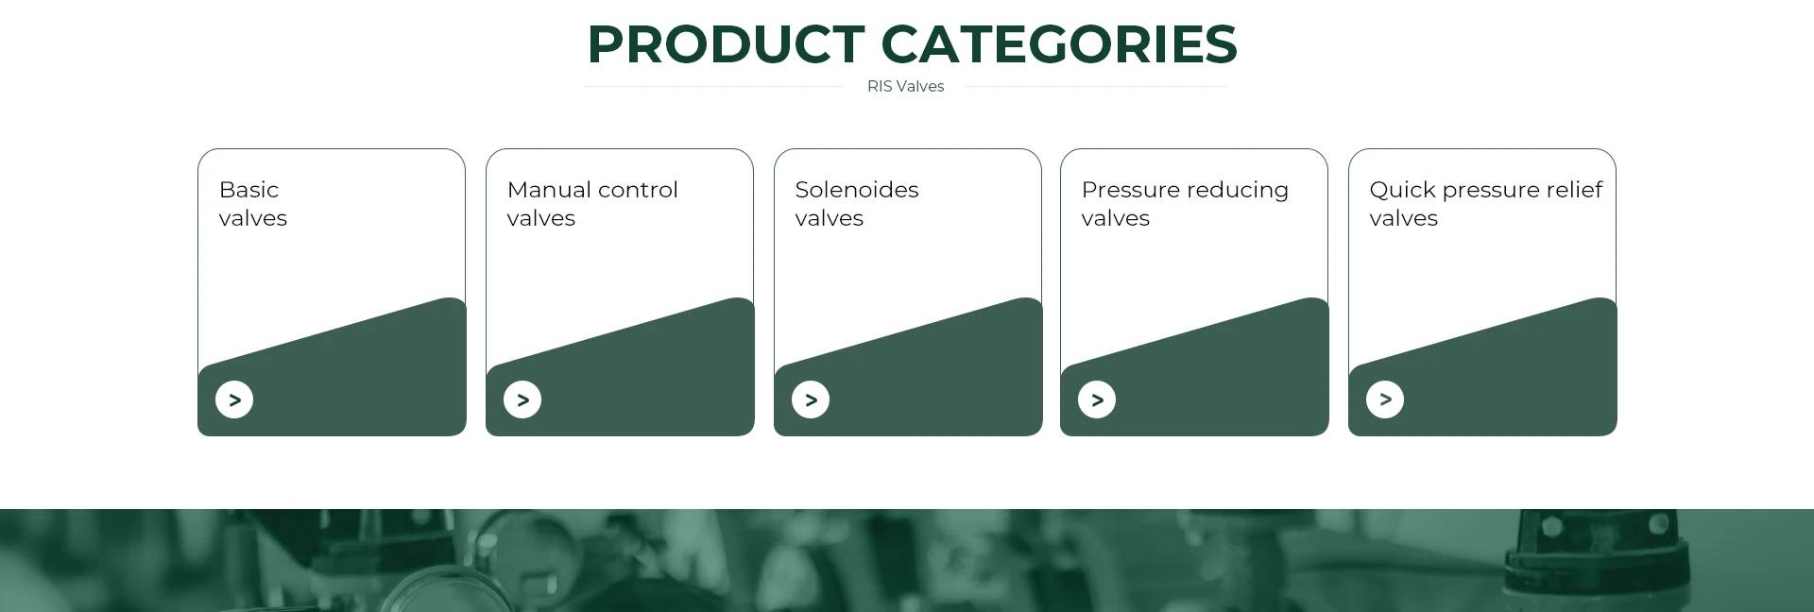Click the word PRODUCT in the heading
[x=726, y=43]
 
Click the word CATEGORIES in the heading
[x=1059, y=43]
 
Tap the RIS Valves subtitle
[x=905, y=86]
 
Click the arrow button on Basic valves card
[x=234, y=399]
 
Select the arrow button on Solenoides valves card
[x=811, y=399]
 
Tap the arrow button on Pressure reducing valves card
[x=1097, y=399]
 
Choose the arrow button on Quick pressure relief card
[x=1385, y=399]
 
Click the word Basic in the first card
[x=248, y=190]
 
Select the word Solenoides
[x=857, y=190]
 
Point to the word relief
[x=1575, y=190]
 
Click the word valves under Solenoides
[x=830, y=218]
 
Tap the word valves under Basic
[x=253, y=218]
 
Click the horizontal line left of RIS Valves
[x=713, y=86]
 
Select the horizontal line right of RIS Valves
[x=1097, y=86]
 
